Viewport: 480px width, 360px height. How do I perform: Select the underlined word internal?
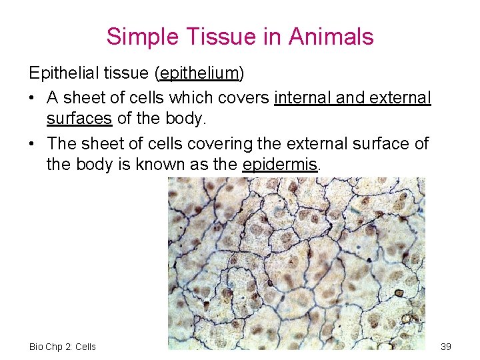coord(303,98)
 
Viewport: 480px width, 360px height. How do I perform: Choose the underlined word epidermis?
coord(280,165)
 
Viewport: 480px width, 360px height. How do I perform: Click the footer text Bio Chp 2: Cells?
coord(63,346)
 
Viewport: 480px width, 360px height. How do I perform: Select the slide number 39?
coord(446,346)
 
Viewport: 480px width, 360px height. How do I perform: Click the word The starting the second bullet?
coord(61,143)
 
